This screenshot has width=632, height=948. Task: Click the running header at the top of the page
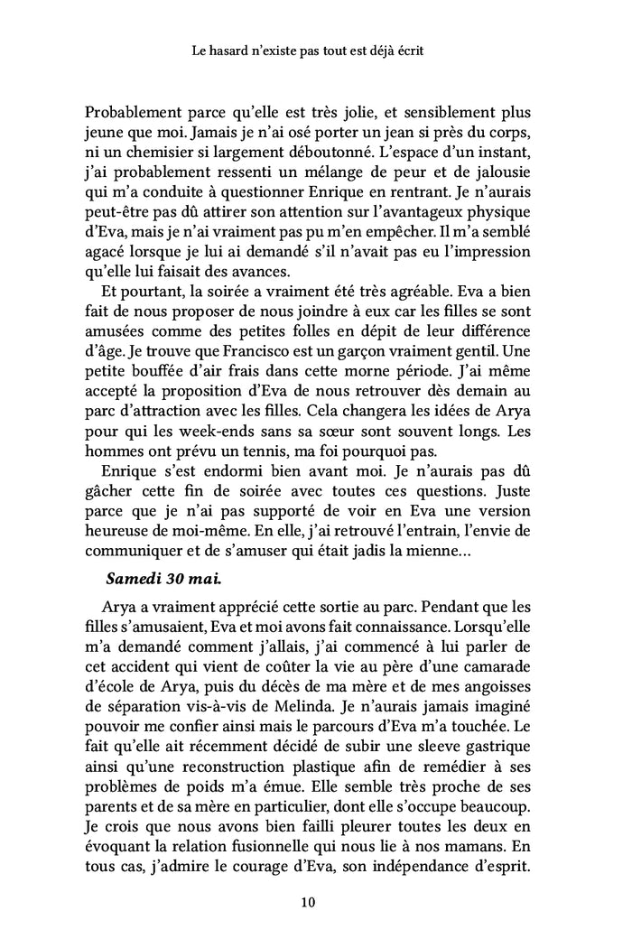pos(315,52)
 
